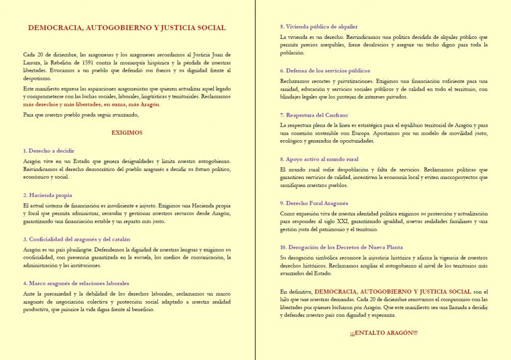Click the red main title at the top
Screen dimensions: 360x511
[x=127, y=28]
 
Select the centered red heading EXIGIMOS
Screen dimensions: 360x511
[x=127, y=133]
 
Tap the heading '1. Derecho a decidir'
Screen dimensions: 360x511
[x=48, y=150]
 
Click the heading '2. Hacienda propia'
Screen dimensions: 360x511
[x=47, y=195]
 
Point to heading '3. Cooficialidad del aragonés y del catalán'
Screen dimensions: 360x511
[x=77, y=239]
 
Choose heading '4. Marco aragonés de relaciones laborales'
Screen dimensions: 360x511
[x=76, y=283]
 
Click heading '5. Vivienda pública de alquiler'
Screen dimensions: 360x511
[x=319, y=26]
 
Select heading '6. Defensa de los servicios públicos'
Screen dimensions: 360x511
[x=325, y=71]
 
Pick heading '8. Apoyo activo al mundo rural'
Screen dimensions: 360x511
[x=319, y=159]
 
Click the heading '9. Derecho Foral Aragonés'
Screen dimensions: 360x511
[x=314, y=203]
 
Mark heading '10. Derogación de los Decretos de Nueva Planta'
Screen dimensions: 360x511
[x=341, y=247]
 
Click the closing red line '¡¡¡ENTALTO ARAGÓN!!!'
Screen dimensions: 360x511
[x=384, y=333]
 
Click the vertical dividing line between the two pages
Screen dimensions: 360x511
[x=255, y=180]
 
